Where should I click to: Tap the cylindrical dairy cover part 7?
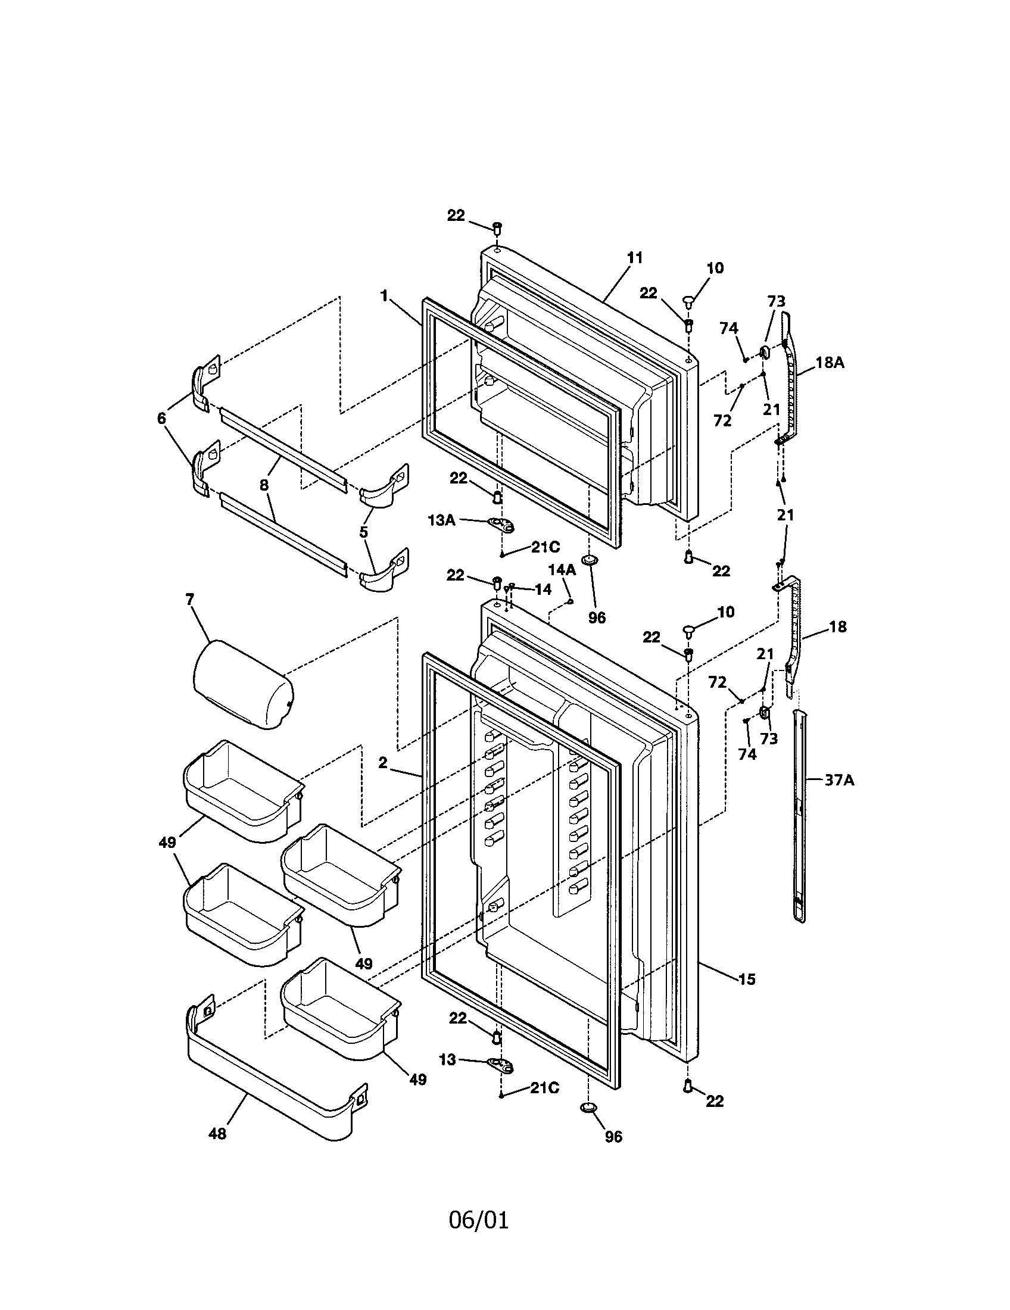[241, 684]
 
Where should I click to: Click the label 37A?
[839, 781]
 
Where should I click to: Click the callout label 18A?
[830, 362]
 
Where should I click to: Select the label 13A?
[441, 520]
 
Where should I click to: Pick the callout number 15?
[747, 980]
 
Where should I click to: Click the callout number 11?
[635, 258]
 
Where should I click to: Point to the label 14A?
[562, 570]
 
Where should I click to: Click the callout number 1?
[384, 295]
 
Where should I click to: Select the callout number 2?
[383, 762]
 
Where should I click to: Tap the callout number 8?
[264, 485]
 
